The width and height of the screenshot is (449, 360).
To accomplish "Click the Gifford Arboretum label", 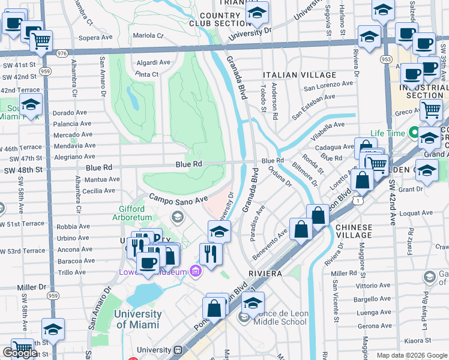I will tap(127, 214).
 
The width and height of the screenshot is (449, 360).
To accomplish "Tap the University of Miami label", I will tap(137, 319).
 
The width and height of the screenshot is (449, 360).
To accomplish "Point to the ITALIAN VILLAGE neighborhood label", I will tap(300, 75).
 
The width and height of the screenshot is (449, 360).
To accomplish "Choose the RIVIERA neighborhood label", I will tap(265, 274).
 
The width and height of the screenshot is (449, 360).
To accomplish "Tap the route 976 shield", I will tap(62, 53).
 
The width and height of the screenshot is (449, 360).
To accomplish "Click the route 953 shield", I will tap(387, 59).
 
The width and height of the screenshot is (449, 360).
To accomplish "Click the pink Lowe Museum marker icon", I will tap(194, 272).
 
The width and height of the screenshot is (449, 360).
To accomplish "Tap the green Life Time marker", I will tap(414, 133).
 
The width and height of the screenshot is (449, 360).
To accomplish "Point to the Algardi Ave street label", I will tap(152, 62).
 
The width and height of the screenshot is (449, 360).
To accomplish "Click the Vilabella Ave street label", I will tap(328, 125).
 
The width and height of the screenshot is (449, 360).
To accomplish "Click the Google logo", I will tap(20, 353).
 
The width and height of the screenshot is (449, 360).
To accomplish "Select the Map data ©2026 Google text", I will tap(411, 355).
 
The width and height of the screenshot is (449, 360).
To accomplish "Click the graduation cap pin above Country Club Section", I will tap(256, 12).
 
